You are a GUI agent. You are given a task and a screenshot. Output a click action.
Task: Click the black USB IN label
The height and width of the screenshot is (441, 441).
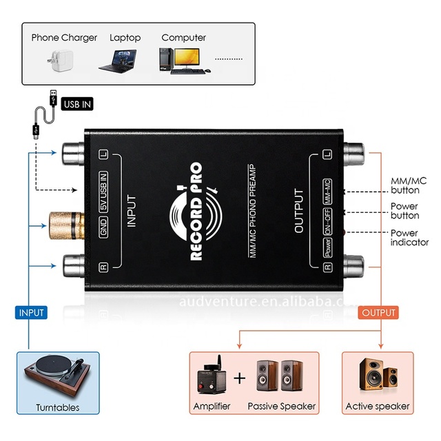click(x=77, y=104)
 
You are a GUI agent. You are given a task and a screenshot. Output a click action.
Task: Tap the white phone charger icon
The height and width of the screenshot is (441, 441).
click(x=61, y=61)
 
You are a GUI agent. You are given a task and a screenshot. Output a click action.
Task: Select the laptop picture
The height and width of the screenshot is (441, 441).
click(x=119, y=61)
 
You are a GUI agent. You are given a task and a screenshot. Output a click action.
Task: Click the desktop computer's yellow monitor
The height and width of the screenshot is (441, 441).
click(x=187, y=59)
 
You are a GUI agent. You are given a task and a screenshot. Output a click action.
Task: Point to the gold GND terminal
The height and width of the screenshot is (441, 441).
click(x=67, y=226)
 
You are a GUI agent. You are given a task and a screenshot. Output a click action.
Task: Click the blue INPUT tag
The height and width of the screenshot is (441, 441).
click(x=31, y=312)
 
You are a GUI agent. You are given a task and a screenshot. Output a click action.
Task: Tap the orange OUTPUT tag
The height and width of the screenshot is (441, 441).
click(x=378, y=312)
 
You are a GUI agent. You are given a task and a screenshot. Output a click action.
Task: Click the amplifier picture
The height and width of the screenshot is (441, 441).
click(x=212, y=376)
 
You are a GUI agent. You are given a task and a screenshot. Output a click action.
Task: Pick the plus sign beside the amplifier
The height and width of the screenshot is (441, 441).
click(x=239, y=378)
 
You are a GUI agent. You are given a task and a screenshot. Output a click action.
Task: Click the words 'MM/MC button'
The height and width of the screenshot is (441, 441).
click(x=409, y=185)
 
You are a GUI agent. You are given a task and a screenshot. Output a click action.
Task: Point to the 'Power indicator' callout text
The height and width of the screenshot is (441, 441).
click(x=409, y=238)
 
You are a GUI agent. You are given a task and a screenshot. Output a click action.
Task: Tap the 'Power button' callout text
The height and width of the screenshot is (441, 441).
click(x=404, y=211)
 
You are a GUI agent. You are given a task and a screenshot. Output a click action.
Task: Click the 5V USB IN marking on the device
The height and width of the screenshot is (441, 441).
click(x=103, y=192)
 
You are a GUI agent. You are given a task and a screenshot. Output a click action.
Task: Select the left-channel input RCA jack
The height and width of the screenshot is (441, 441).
click(x=74, y=154)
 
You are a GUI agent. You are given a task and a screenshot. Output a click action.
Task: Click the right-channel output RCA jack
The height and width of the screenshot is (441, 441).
click(x=353, y=267)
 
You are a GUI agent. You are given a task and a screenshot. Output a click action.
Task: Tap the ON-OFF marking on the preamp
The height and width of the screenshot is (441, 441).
click(x=327, y=222)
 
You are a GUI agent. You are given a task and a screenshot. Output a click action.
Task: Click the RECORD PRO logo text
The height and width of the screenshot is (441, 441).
click(x=196, y=212)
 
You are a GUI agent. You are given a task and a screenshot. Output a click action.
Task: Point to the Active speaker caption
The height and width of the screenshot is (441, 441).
click(x=378, y=406)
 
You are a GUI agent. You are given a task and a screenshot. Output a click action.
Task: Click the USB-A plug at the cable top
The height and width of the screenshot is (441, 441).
click(x=53, y=98)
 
